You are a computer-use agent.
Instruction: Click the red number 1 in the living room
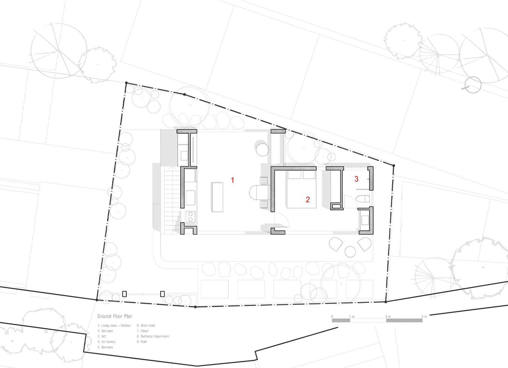pyautogui.click(x=233, y=180)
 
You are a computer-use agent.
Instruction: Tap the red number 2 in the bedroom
pyautogui.click(x=308, y=200)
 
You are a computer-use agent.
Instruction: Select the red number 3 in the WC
pyautogui.click(x=356, y=179)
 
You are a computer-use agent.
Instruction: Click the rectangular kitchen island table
pyautogui.click(x=217, y=197)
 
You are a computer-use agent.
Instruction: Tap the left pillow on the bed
pyautogui.click(x=294, y=175)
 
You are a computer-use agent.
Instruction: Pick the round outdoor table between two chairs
pyautogui.click(x=351, y=252)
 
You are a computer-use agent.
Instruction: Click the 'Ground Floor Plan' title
pyautogui.click(x=115, y=316)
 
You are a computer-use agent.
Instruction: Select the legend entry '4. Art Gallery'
pyautogui.click(x=106, y=342)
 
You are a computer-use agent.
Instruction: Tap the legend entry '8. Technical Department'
pyautogui.click(x=153, y=336)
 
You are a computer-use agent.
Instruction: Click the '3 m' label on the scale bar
pyautogui.click(x=388, y=317)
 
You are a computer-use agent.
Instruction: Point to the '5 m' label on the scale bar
pyautogui.click(x=424, y=317)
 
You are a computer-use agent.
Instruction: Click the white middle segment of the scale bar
pyautogui.click(x=368, y=321)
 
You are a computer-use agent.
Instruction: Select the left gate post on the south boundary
pyautogui.click(x=124, y=294)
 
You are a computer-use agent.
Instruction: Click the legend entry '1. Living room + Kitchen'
pyautogui.click(x=114, y=325)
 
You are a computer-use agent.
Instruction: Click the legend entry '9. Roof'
pyautogui.click(x=142, y=342)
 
